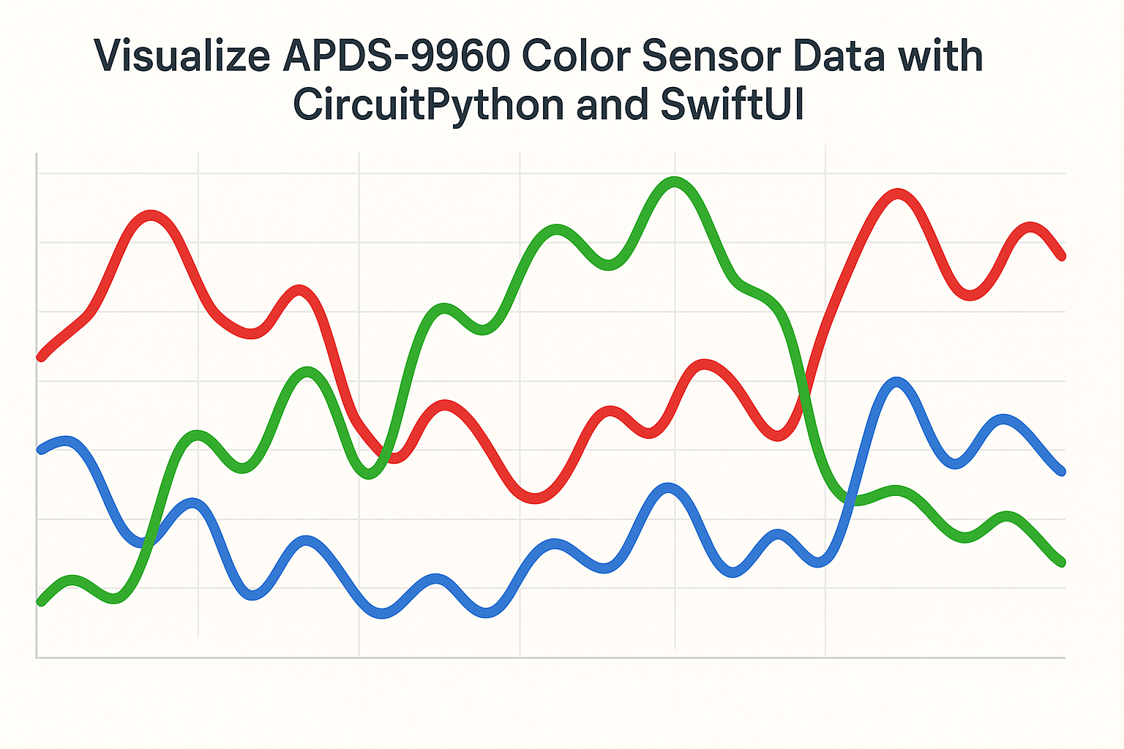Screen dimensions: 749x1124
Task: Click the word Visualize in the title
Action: pyautogui.click(x=182, y=56)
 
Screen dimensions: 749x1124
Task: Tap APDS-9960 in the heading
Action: pyautogui.click(x=396, y=56)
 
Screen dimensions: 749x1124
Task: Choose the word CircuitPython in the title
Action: pyautogui.click(x=429, y=105)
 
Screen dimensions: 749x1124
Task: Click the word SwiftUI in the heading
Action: pyautogui.click(x=733, y=105)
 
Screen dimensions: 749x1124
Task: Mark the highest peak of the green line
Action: pyautogui.click(x=675, y=182)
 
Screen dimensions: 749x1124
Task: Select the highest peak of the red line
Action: pyautogui.click(x=897, y=194)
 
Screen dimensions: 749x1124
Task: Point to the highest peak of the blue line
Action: pyautogui.click(x=896, y=383)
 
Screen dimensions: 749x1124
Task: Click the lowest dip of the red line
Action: pyautogui.click(x=535, y=498)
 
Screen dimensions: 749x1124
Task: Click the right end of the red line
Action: pyautogui.click(x=1062, y=256)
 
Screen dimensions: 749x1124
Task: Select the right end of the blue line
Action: pyautogui.click(x=1062, y=472)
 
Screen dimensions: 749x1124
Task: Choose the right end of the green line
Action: pyautogui.click(x=1062, y=562)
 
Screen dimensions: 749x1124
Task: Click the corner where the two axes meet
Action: pyautogui.click(x=37, y=658)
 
